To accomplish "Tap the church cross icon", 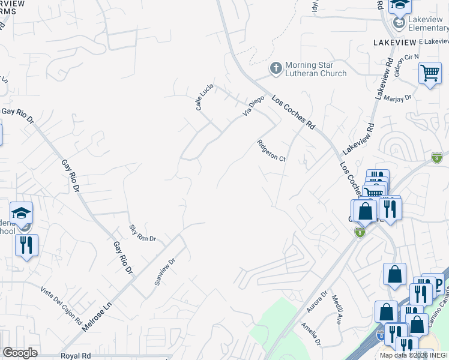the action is (276, 68).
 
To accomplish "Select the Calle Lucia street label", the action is (204, 97).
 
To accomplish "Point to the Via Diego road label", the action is (253, 106).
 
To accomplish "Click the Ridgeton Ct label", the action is (271, 151).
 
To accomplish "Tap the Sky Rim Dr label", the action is (142, 233).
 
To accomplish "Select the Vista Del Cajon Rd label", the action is (61, 305).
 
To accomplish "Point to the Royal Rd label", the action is (75, 356).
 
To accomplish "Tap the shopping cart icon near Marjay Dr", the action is (430, 73).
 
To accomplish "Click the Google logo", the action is (20, 353).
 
